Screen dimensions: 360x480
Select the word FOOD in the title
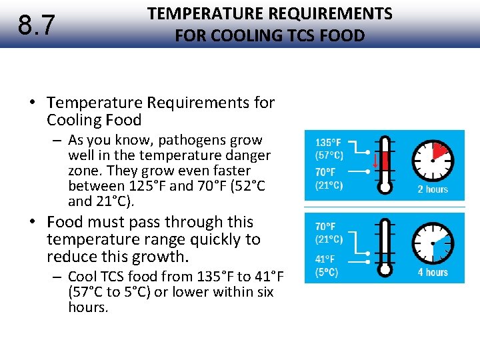pyautogui.click(x=341, y=35)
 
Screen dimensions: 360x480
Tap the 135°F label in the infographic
pyautogui.click(x=329, y=142)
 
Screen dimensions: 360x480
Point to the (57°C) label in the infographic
pyautogui.click(x=329, y=155)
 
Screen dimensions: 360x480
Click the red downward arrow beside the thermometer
pyautogui.click(x=375, y=161)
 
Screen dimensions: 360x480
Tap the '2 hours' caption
pyautogui.click(x=433, y=189)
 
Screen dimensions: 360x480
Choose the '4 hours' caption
pyautogui.click(x=433, y=272)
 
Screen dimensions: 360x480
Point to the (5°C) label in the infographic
pyautogui.click(x=327, y=272)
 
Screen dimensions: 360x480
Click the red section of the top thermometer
pyautogui.click(x=385, y=160)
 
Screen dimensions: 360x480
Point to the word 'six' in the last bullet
pyautogui.click(x=265, y=292)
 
